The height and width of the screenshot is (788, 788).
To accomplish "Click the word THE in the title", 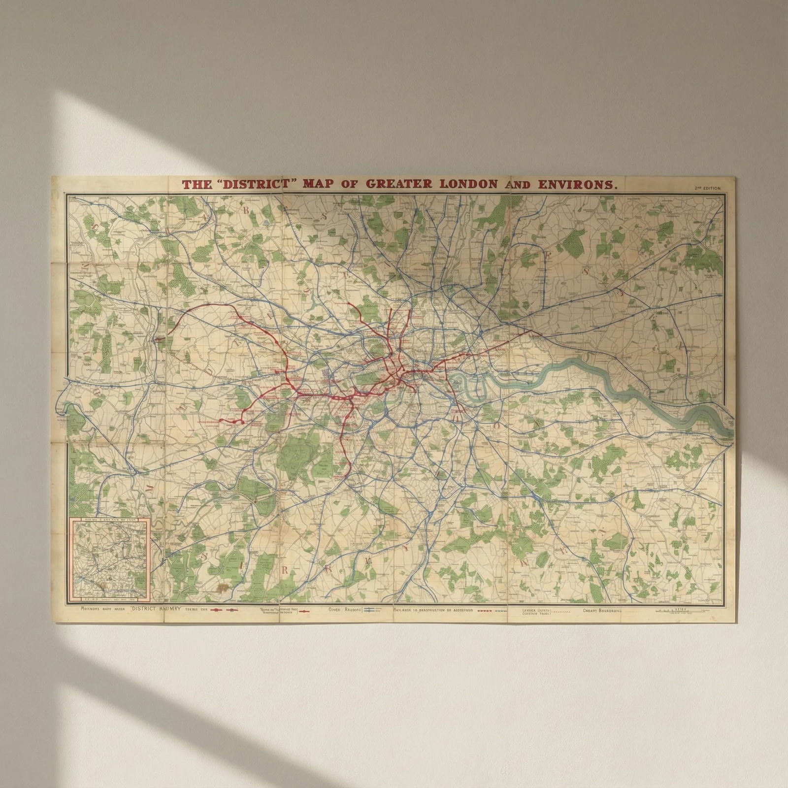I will click(194, 185).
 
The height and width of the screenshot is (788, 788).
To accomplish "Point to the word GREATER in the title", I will click(398, 184).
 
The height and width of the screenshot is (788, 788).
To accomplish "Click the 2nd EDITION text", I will click(707, 188).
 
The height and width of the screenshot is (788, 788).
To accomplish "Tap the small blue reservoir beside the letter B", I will click(266, 222).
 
